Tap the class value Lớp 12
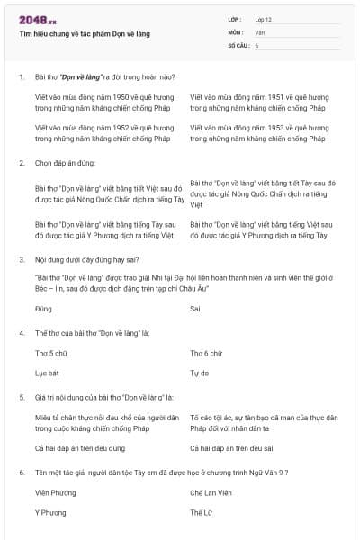click(x=264, y=19)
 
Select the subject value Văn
click(x=260, y=31)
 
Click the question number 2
click(x=21, y=163)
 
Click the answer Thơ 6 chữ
click(x=206, y=353)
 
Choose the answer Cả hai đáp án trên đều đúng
click(x=80, y=447)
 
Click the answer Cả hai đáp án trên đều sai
click(x=231, y=447)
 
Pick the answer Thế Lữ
click(x=201, y=512)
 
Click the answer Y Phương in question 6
click(x=50, y=512)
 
